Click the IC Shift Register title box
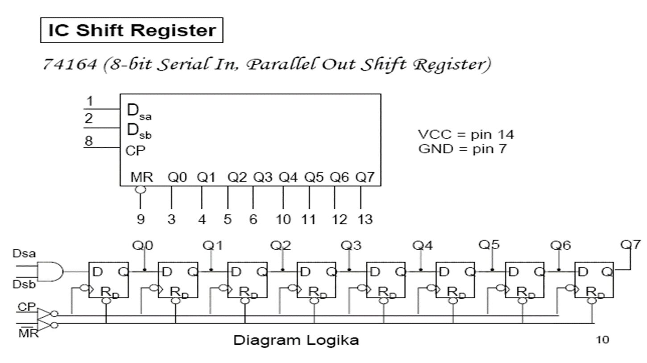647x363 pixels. point(132,30)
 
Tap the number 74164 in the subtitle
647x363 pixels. point(70,64)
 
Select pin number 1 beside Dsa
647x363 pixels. point(90,101)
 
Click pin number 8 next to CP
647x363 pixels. point(89,141)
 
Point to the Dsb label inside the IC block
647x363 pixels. point(139,131)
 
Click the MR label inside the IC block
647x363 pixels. point(141,177)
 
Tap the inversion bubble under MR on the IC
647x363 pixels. point(141,190)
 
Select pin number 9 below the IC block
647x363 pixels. point(141,219)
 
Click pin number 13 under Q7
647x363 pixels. point(365,219)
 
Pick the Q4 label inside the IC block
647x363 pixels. point(288,177)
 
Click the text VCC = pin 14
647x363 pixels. point(466,135)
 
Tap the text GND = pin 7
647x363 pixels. point(462,149)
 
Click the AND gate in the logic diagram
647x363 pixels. point(50,272)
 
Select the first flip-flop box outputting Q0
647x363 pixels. point(108,280)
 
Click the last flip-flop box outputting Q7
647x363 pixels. point(594,280)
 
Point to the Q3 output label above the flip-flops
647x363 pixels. point(351,245)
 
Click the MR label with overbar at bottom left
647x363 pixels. point(28,332)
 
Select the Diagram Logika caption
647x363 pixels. point(296,340)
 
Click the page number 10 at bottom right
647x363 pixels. point(602,340)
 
